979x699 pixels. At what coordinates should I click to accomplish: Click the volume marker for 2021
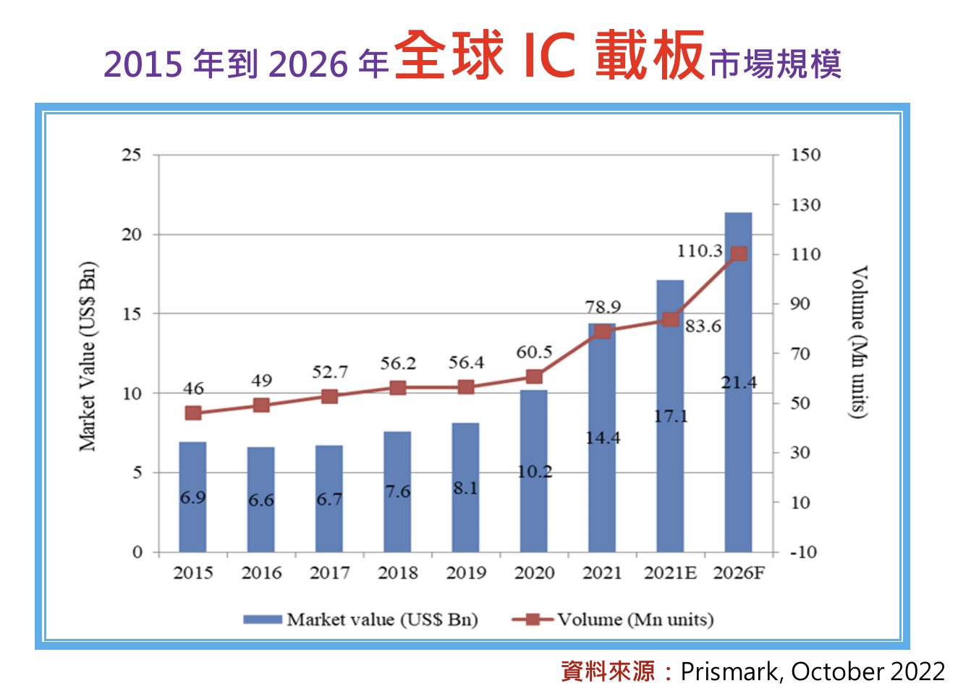(x=602, y=331)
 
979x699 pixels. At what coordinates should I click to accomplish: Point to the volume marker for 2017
(x=329, y=397)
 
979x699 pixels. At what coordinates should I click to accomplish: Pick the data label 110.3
(x=699, y=251)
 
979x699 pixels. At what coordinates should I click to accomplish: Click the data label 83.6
(x=703, y=326)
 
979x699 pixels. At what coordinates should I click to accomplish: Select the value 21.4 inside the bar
(x=739, y=383)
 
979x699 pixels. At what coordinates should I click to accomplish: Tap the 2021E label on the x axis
(x=670, y=573)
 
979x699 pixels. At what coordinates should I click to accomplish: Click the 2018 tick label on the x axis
(x=397, y=573)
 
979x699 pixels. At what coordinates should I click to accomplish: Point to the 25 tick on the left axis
(x=132, y=155)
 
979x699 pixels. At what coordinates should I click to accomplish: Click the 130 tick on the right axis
(x=805, y=205)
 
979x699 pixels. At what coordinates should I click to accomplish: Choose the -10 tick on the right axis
(x=803, y=552)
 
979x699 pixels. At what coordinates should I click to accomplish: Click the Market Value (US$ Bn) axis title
(x=88, y=356)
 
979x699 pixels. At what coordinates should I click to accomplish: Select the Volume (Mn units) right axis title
(x=858, y=342)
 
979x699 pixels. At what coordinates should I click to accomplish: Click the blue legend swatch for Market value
(x=262, y=619)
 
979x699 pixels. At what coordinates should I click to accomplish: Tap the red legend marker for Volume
(x=533, y=619)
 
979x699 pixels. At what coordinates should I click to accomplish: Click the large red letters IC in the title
(x=549, y=56)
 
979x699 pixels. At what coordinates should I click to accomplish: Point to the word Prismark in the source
(x=729, y=672)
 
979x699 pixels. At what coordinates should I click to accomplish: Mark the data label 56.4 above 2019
(x=466, y=363)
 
